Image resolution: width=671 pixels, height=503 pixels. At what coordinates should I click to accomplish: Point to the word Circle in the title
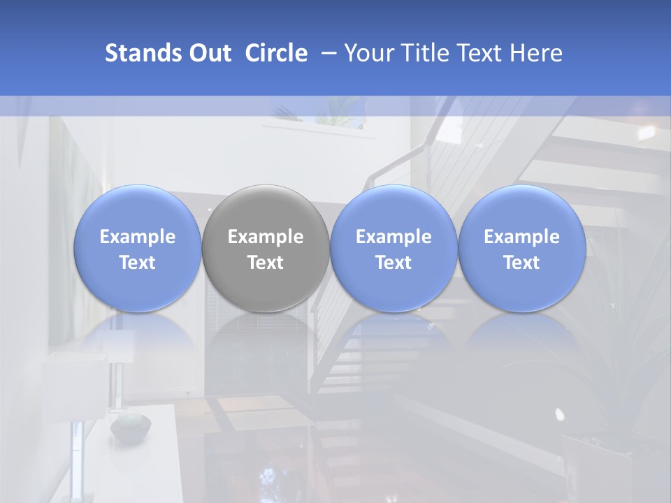[x=276, y=53]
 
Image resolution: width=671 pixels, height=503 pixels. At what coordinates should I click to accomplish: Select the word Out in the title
[x=210, y=53]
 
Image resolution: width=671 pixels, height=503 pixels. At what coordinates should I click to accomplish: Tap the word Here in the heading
[x=536, y=53]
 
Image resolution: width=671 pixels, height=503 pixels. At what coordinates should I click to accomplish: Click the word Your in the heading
[x=368, y=53]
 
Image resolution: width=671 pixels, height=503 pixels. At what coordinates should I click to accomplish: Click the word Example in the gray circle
[x=266, y=237]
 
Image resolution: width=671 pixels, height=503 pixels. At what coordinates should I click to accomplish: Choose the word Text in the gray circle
[x=266, y=263]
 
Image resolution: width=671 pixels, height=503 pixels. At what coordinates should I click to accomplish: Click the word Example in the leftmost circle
[x=137, y=237]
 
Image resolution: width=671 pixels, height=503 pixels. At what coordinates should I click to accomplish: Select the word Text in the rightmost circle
[x=522, y=263]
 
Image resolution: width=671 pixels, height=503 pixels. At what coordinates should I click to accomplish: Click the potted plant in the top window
[x=334, y=112]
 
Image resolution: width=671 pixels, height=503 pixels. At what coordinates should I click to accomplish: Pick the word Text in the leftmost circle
[x=137, y=263]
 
